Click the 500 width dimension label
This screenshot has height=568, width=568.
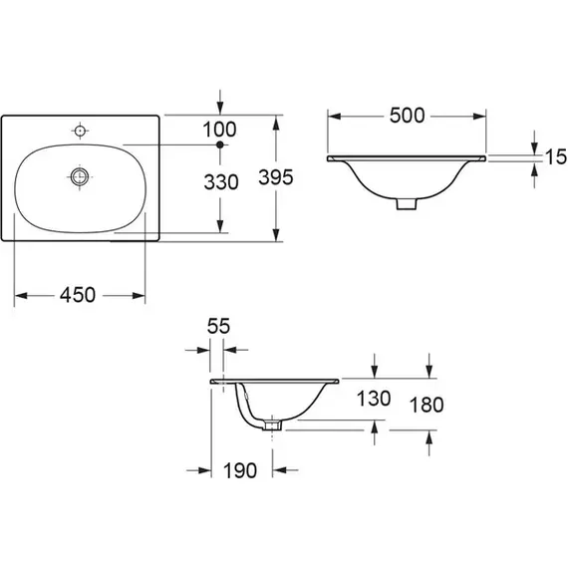407,116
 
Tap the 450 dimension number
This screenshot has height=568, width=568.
78,295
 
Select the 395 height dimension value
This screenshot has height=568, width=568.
276,177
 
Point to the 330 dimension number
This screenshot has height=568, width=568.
221,182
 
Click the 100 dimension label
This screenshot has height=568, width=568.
219,130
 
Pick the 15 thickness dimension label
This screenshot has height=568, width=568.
556,156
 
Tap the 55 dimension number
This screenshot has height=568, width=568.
218,326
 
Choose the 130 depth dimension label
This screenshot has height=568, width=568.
374,399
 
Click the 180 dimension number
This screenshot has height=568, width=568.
426,405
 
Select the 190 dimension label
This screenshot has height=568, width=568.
240,470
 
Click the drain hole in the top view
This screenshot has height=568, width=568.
80,176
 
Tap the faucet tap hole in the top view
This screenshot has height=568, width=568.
80,131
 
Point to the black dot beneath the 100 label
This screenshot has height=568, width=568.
220,144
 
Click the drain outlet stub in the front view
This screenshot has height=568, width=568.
407,203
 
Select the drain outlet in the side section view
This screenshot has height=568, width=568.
272,425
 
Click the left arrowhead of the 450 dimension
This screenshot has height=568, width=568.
21,296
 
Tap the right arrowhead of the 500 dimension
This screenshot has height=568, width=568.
479,117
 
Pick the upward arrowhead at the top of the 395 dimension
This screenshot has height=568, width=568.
276,123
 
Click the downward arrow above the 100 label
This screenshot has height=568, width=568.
220,102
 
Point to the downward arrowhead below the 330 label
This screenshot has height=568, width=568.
220,226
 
